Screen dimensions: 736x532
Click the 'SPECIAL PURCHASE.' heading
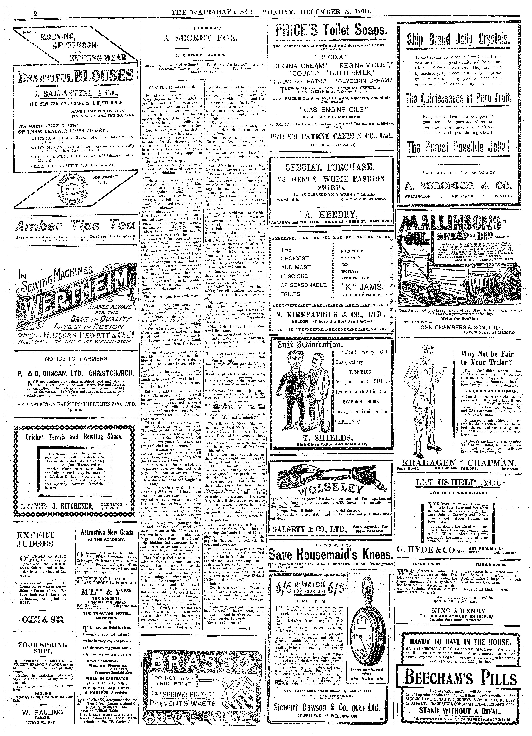330,167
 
